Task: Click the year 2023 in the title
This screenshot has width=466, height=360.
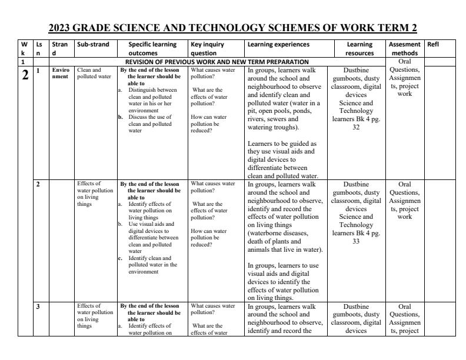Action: pyautogui.click(x=62, y=28)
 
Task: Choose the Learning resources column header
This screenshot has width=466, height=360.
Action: pyautogui.click(x=360, y=48)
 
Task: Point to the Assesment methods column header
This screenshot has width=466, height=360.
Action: pyautogui.click(x=405, y=48)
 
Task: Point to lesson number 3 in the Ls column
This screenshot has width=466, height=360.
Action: pyautogui.click(x=38, y=306)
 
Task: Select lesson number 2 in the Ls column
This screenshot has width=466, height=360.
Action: pyautogui.click(x=38, y=184)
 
